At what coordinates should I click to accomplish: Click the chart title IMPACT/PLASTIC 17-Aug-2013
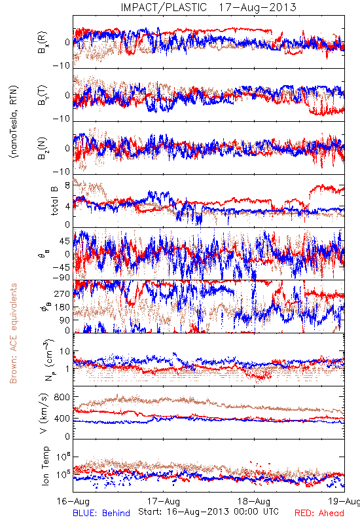click(208, 7)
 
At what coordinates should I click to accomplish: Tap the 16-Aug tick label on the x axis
click(73, 501)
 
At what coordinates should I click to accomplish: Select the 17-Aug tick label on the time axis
click(164, 501)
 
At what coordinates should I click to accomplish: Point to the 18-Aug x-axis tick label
click(254, 501)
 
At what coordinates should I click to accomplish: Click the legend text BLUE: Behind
click(101, 513)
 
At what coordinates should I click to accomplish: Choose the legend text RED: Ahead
click(319, 513)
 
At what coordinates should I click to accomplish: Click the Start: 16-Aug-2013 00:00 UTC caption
click(208, 512)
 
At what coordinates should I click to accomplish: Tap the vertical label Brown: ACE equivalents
click(13, 333)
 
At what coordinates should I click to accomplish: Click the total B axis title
click(54, 201)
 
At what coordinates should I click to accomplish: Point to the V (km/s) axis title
click(44, 413)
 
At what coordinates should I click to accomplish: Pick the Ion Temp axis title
click(45, 466)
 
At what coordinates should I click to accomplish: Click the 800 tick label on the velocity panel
click(62, 397)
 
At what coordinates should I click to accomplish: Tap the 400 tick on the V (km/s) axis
click(62, 419)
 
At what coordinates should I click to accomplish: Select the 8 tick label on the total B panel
click(67, 185)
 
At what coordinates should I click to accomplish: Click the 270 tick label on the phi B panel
click(62, 293)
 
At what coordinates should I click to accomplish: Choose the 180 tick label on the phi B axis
click(62, 307)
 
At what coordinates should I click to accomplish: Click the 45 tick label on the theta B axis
click(65, 241)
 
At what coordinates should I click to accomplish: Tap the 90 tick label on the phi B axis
click(65, 320)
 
